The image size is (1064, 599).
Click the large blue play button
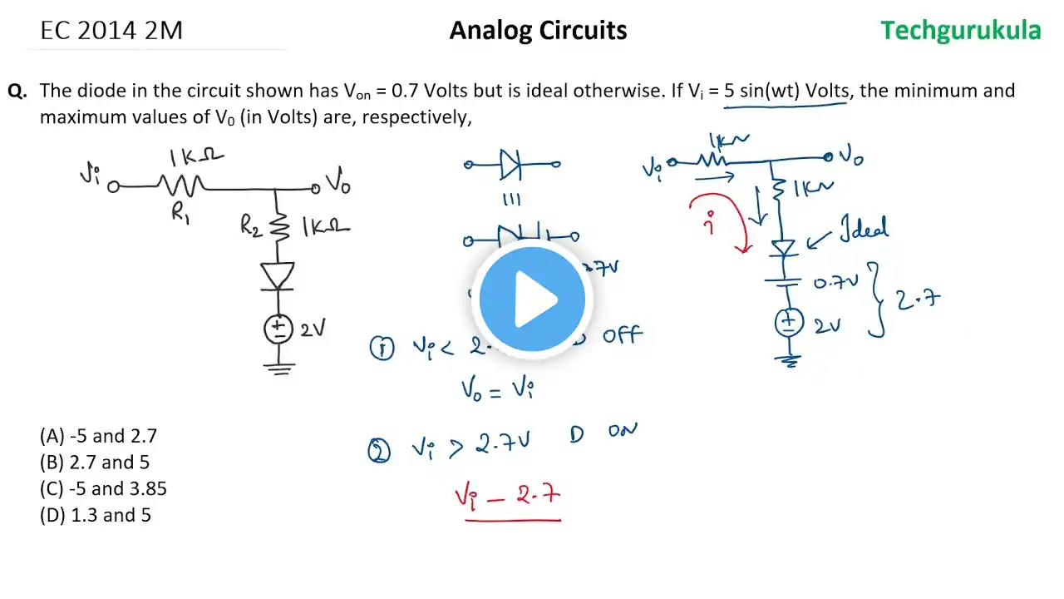click(532, 299)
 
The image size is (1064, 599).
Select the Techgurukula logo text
click(960, 31)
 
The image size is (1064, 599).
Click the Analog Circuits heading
click(538, 31)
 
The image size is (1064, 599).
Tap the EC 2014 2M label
click(111, 31)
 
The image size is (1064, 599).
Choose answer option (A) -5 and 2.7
click(98, 435)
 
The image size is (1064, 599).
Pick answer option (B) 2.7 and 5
click(95, 462)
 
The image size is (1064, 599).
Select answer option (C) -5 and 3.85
click(103, 488)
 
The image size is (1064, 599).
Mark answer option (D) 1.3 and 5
click(95, 515)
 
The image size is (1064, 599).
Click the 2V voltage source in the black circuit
click(278, 329)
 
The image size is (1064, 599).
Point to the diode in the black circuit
click(278, 275)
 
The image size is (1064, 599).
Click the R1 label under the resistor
click(181, 213)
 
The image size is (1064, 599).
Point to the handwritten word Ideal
click(862, 228)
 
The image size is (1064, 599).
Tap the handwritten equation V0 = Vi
click(496, 389)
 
